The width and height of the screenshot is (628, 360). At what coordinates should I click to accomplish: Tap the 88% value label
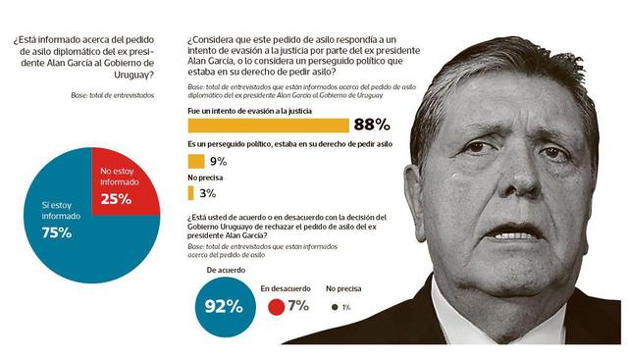372,125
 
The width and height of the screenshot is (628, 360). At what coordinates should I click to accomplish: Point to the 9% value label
218,161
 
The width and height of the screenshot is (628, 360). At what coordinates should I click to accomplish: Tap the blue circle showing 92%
222,305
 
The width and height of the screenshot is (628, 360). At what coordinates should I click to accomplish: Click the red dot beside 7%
276,306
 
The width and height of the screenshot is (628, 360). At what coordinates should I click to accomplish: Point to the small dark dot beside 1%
334,306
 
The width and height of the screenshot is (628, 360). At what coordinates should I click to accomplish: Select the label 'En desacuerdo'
286,289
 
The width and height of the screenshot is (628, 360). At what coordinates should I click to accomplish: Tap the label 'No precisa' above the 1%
344,289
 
